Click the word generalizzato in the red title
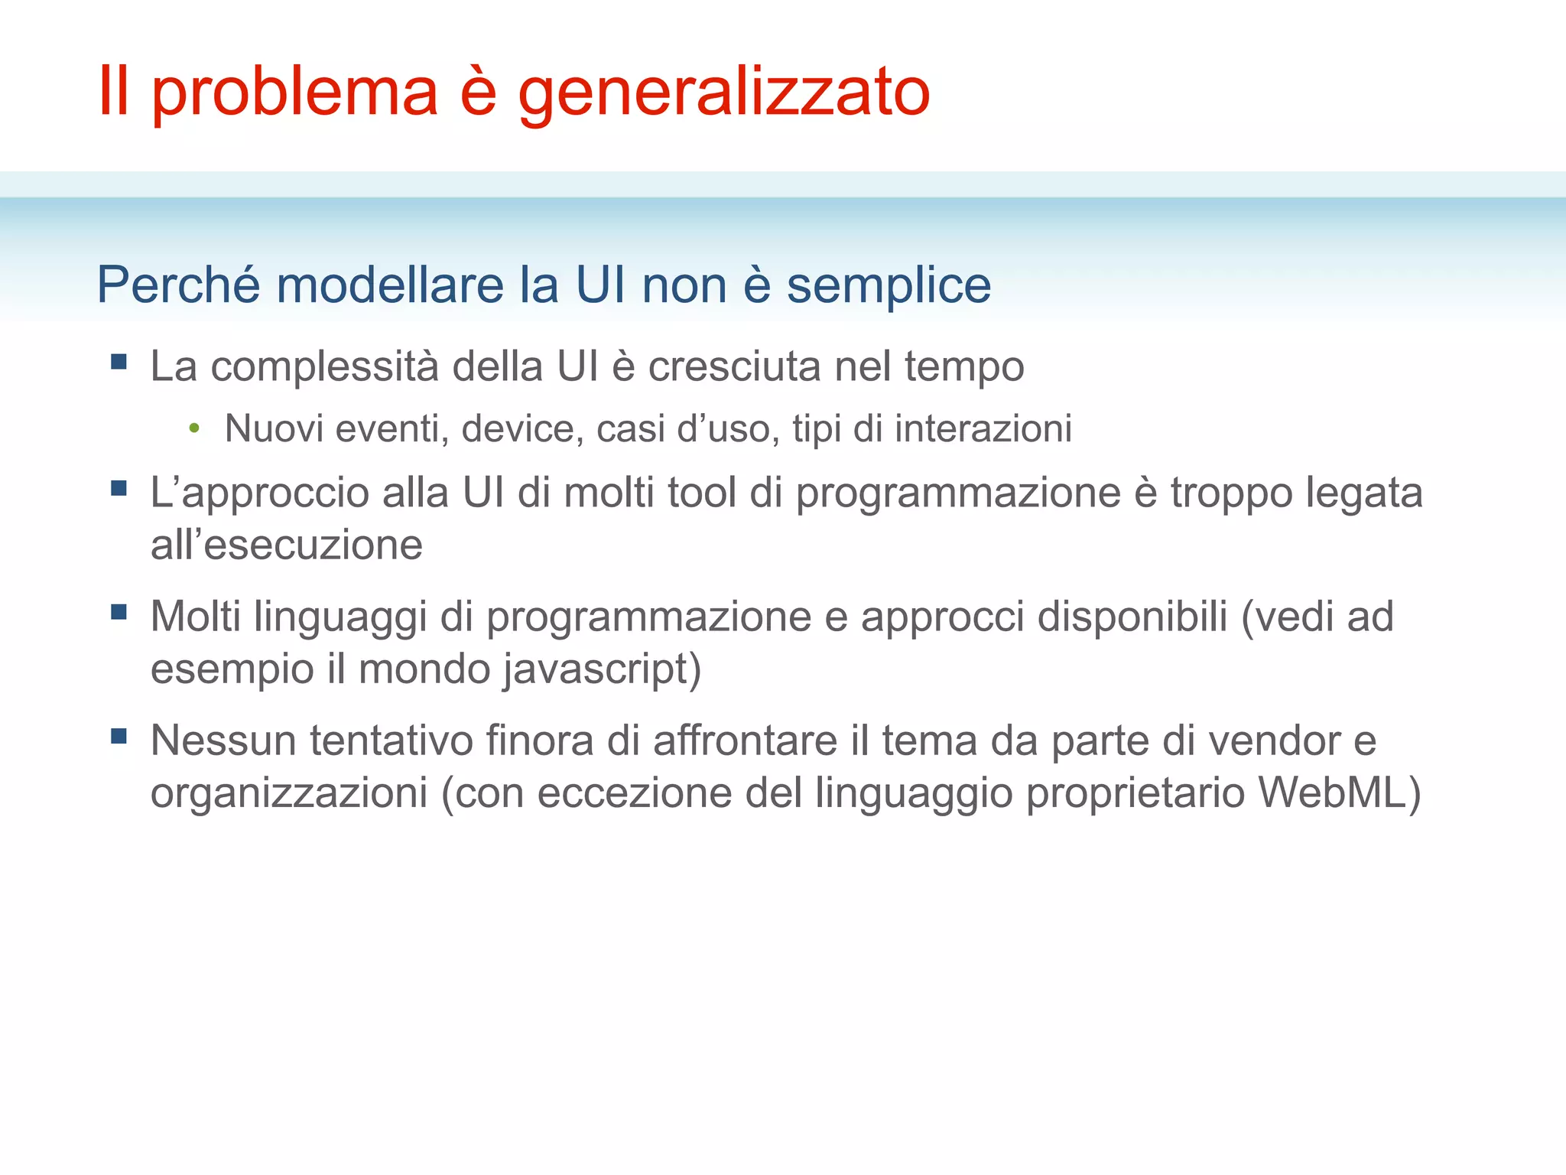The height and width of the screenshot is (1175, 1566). click(x=723, y=93)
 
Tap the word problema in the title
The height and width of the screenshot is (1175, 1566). click(x=294, y=93)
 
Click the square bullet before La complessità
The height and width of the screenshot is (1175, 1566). click(x=119, y=361)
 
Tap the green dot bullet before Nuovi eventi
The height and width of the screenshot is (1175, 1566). click(x=194, y=428)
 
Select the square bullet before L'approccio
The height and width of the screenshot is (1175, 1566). click(x=119, y=488)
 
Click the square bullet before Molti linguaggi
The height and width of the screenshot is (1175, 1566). click(x=119, y=612)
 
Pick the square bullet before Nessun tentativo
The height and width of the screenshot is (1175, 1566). click(x=119, y=736)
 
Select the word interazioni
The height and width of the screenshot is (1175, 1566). click(x=983, y=428)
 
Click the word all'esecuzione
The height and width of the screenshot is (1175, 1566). click(x=286, y=545)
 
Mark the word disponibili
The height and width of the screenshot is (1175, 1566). click(x=1132, y=617)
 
